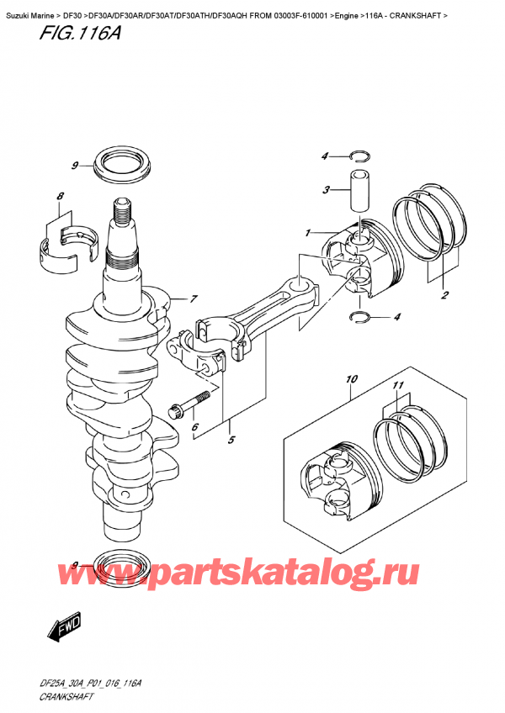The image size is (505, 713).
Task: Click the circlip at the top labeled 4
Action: [359, 156]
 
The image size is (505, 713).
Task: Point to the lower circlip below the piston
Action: [359, 317]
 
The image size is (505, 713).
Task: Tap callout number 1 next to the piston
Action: [308, 232]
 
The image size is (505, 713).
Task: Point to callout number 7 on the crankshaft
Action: [193, 298]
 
